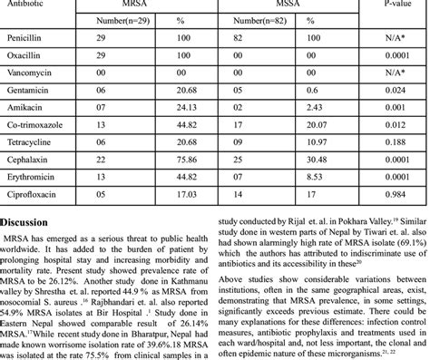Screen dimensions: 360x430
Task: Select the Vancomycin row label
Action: [x=33, y=74]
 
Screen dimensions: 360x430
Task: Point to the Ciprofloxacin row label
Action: [x=35, y=193]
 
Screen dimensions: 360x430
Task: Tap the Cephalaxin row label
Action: [x=32, y=161]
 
